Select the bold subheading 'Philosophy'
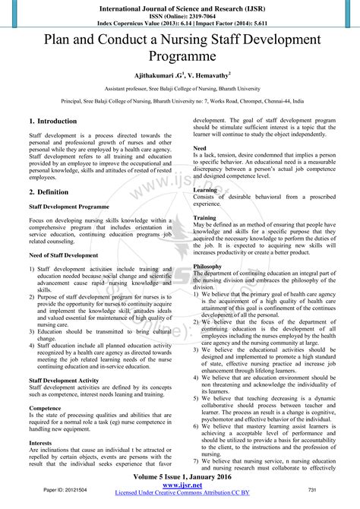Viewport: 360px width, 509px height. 208,267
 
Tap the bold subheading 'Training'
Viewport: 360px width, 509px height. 205,218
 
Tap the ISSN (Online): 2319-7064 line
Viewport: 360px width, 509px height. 180,13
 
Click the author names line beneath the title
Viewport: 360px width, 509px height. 180,76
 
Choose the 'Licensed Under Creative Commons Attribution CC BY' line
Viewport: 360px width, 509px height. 180,495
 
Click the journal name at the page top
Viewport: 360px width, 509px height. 180,5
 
